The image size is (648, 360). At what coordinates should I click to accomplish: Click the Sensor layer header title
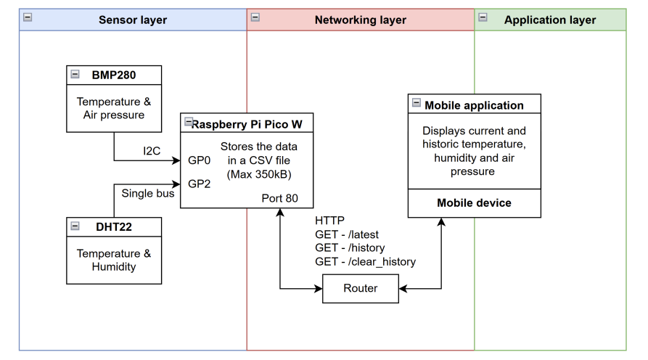(x=133, y=20)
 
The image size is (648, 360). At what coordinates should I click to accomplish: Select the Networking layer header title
(x=360, y=20)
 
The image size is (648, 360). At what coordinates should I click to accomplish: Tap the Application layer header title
(x=550, y=20)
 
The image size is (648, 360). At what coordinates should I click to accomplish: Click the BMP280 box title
(x=114, y=75)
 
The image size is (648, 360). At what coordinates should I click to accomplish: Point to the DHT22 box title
(x=114, y=226)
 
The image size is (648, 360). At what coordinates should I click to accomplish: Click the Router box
(x=361, y=288)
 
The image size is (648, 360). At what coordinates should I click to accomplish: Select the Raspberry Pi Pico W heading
(x=247, y=124)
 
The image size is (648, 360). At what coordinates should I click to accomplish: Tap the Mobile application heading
(x=474, y=105)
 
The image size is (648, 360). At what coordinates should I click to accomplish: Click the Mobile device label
(x=474, y=203)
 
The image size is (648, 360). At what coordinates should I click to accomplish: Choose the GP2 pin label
(x=199, y=184)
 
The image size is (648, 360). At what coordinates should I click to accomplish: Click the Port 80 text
(x=279, y=198)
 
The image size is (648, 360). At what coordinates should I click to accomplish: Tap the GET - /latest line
(x=347, y=234)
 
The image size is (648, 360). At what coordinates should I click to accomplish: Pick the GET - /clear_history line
(x=365, y=261)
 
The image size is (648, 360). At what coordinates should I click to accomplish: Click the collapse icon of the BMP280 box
(x=75, y=74)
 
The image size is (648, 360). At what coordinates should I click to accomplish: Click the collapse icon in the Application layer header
(x=483, y=18)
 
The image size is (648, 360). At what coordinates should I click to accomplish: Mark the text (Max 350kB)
(x=258, y=175)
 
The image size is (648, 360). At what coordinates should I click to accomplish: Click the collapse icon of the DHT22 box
(x=75, y=226)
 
